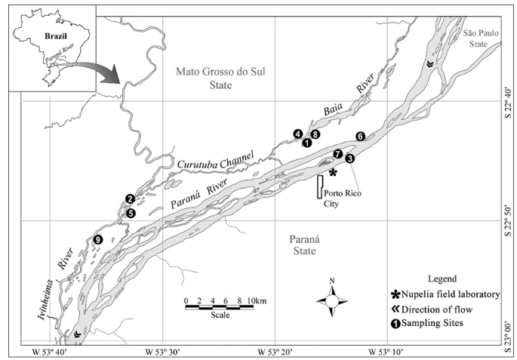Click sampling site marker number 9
click(x=97, y=240)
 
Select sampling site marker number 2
click(x=130, y=198)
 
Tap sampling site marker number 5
click(x=131, y=214)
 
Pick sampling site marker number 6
click(x=361, y=136)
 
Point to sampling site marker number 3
click(x=349, y=158)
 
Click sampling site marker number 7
click(x=337, y=153)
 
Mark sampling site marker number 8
click(x=315, y=134)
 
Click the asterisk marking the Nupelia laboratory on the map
click(x=333, y=172)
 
